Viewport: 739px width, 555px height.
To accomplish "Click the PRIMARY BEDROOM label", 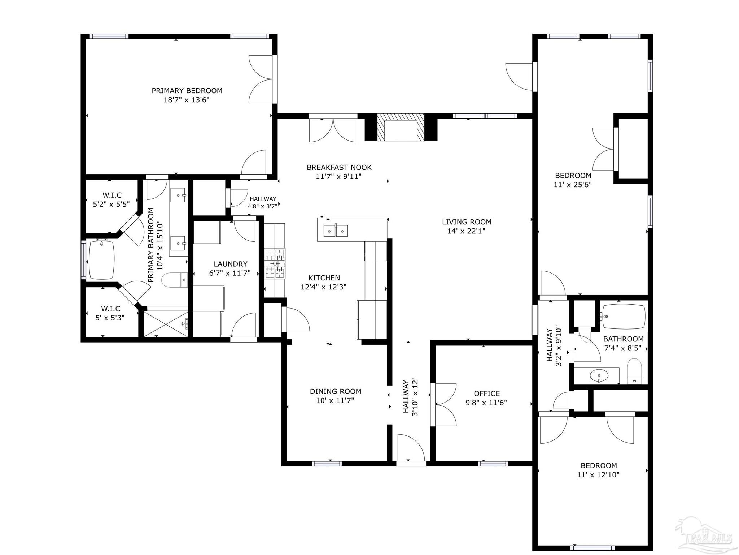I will [x=187, y=91].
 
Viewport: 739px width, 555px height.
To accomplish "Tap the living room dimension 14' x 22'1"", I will [x=466, y=231].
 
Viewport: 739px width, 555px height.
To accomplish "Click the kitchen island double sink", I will [x=336, y=231].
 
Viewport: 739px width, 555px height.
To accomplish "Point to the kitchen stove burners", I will [x=275, y=263].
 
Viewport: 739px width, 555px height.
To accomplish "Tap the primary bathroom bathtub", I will [x=102, y=260].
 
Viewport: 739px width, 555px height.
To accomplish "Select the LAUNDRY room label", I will [x=230, y=264].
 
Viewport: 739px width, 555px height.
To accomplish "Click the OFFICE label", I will [x=487, y=393].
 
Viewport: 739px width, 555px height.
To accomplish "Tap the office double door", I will [x=444, y=405].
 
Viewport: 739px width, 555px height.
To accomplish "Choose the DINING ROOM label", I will [x=335, y=391].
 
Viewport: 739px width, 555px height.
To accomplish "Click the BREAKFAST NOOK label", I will [x=339, y=167].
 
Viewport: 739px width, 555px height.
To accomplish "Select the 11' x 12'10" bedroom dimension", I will [x=598, y=475].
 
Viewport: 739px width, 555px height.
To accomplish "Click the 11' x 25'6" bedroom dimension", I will [x=573, y=185].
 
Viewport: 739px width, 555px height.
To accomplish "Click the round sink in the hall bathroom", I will [x=599, y=376].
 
